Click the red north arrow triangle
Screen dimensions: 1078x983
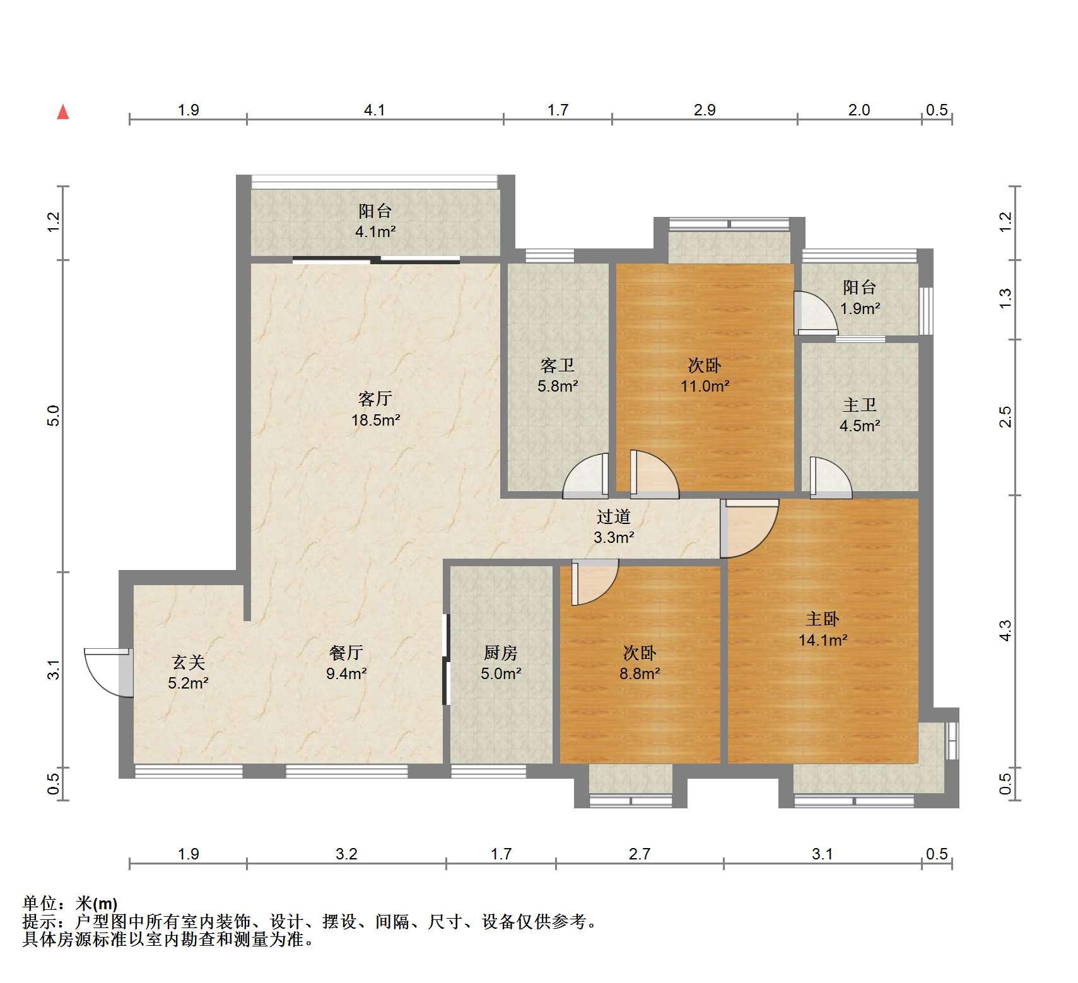[x=62, y=112]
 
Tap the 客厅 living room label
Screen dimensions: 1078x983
[x=375, y=398]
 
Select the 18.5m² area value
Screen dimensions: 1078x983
[x=376, y=420]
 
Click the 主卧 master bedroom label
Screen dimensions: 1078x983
[x=823, y=619]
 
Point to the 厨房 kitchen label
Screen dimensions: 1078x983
[x=501, y=653]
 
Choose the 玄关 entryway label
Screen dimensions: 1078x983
[x=189, y=662]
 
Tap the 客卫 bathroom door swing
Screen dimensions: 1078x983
[x=586, y=476]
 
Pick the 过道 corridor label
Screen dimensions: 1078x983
[x=614, y=517]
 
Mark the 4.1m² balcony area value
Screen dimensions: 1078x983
[x=375, y=231]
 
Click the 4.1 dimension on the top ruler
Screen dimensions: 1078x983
[x=375, y=110]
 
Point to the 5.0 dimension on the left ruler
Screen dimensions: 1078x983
[x=54, y=416]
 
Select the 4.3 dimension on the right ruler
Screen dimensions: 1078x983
[x=1005, y=631]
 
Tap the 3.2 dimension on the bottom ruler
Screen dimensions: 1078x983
[x=346, y=854]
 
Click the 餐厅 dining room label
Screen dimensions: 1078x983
[x=346, y=653]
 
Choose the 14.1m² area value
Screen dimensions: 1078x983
[x=823, y=641]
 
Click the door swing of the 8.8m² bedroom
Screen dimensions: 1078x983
[x=595, y=583]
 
